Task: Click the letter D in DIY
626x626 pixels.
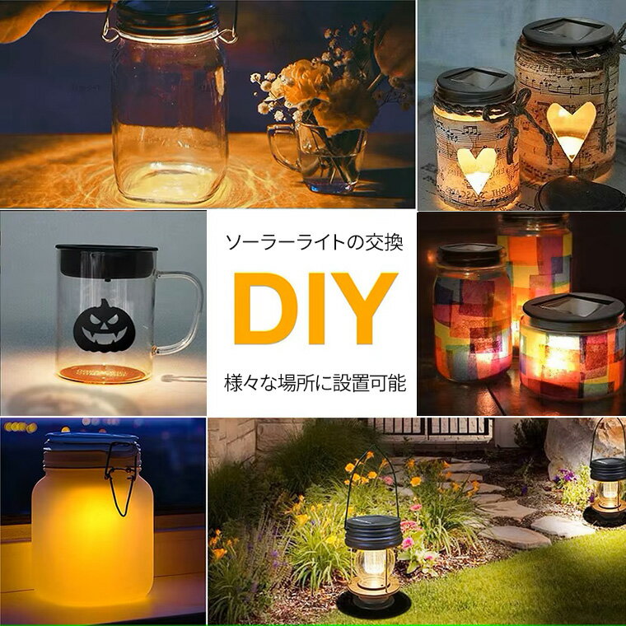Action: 264,308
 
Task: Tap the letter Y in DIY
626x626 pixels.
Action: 365,308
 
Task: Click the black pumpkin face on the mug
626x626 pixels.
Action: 105,326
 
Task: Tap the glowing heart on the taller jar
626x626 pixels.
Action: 570,130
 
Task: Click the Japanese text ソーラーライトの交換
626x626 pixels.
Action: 314,242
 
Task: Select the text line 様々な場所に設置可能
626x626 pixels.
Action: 315,382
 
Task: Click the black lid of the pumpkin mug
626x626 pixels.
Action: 106,261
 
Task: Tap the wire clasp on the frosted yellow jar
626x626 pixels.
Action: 121,478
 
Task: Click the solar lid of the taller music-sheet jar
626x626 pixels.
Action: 568,33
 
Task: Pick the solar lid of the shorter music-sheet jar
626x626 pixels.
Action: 475,85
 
